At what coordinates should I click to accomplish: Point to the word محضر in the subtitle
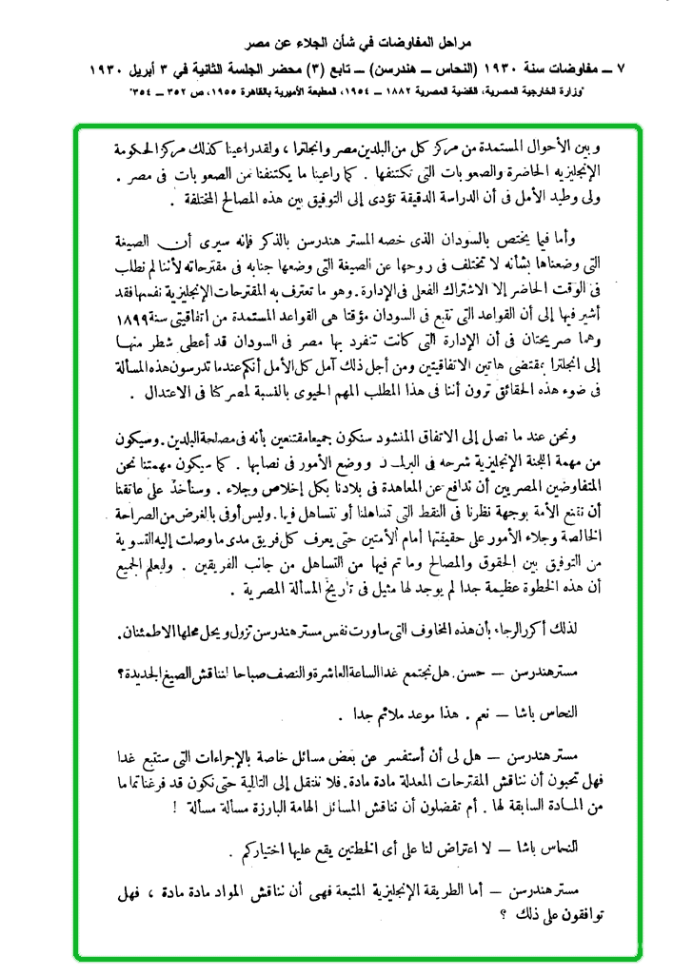pyautogui.click(x=320, y=70)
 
